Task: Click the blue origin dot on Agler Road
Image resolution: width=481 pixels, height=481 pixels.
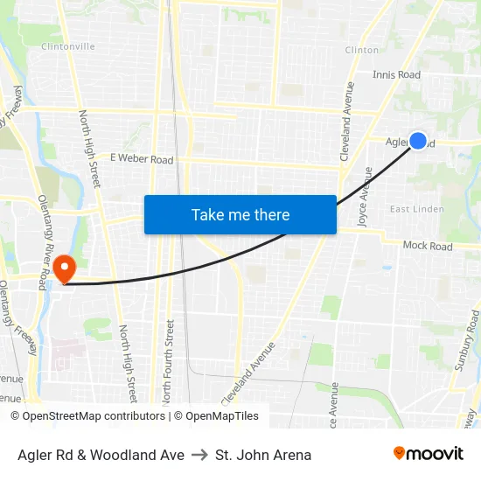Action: (x=418, y=141)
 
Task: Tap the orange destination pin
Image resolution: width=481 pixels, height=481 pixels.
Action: (x=65, y=267)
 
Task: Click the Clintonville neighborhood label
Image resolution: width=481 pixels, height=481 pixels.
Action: (x=67, y=46)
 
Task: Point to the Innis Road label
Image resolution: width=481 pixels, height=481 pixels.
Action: (x=396, y=75)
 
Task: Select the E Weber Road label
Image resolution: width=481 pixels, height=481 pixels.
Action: (x=142, y=159)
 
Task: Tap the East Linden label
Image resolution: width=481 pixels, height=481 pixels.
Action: (x=416, y=209)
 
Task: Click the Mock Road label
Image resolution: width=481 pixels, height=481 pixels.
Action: (x=428, y=247)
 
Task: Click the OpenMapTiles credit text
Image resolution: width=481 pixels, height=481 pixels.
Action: (x=216, y=416)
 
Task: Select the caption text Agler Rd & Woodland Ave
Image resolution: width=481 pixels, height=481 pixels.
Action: (x=101, y=455)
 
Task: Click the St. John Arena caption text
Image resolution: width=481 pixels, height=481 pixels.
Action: (x=263, y=455)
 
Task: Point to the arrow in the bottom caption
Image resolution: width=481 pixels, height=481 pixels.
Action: (x=199, y=455)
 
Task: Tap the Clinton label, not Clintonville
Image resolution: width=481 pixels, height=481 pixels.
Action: (x=362, y=50)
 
